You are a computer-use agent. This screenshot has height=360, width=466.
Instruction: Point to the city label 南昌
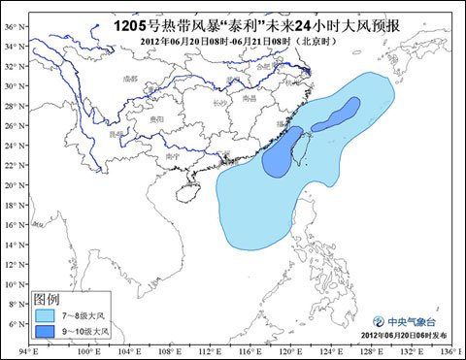250,98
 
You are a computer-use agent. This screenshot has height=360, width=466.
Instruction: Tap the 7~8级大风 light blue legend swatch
44,316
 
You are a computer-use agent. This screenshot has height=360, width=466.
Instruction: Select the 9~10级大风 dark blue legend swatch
44,333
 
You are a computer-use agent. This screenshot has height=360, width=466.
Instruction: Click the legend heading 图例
47,300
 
